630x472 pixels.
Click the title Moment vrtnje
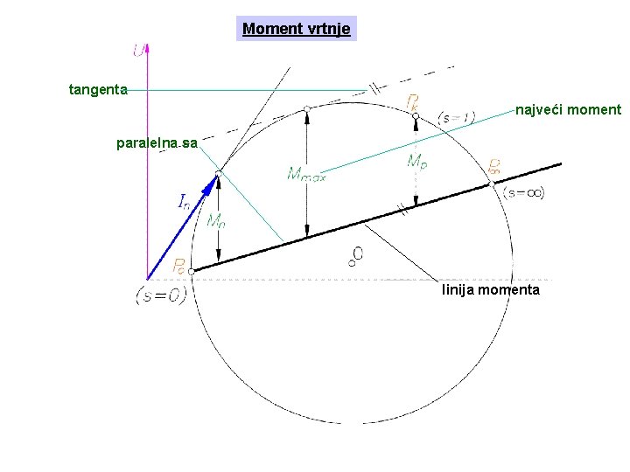[297, 29]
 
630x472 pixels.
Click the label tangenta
[98, 88]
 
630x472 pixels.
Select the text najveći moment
[568, 110]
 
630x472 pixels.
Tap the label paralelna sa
[157, 142]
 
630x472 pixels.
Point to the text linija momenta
[491, 289]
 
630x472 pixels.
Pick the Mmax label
[306, 175]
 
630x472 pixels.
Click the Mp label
[417, 162]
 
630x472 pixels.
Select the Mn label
[215, 222]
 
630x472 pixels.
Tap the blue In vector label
[184, 203]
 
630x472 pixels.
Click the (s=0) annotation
[161, 295]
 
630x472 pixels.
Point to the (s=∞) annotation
[524, 193]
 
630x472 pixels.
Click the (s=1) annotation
[456, 118]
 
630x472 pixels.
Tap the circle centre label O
[357, 254]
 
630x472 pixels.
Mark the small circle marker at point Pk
[416, 115]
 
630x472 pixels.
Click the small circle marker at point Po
[192, 272]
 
